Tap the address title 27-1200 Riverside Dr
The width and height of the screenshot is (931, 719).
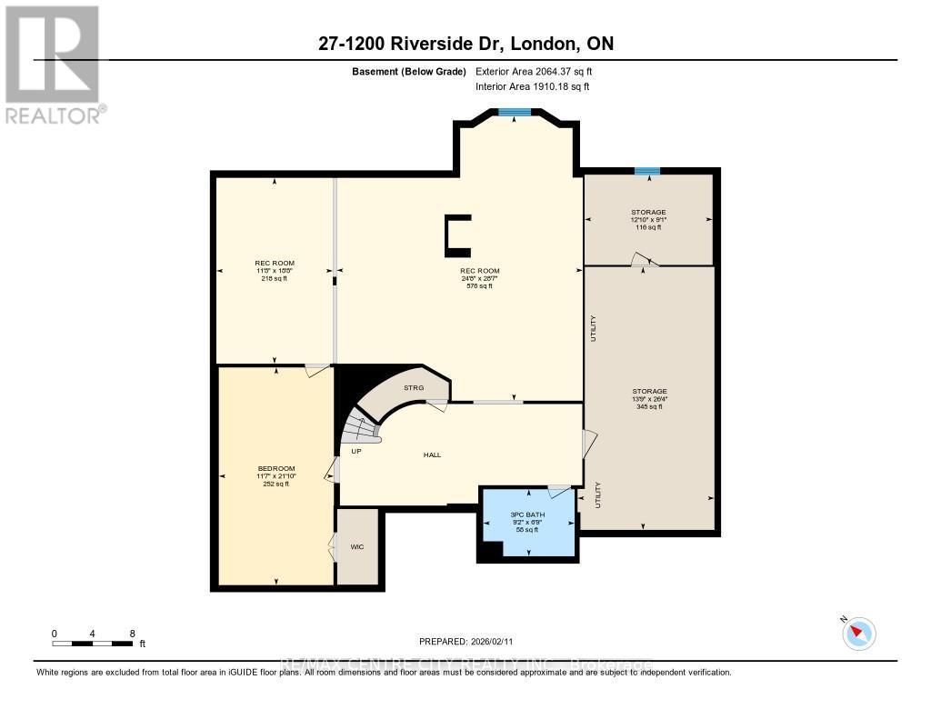pyautogui.click(x=465, y=44)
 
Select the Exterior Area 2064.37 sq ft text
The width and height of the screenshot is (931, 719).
pyautogui.click(x=534, y=71)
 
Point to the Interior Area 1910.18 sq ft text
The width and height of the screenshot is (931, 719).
pyautogui.click(x=532, y=86)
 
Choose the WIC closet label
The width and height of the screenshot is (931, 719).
pyautogui.click(x=356, y=547)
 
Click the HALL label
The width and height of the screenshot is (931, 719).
pyautogui.click(x=432, y=454)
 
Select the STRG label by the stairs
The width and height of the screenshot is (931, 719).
pyautogui.click(x=415, y=388)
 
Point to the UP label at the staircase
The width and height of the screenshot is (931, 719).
pyautogui.click(x=356, y=450)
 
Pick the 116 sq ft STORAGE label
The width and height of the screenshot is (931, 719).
pyautogui.click(x=648, y=219)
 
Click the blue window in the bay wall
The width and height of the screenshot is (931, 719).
pyautogui.click(x=515, y=113)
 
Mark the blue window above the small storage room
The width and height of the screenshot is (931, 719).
pyautogui.click(x=647, y=171)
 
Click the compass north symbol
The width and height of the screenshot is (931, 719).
pyautogui.click(x=858, y=633)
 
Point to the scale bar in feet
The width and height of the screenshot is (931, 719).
pyautogui.click(x=95, y=644)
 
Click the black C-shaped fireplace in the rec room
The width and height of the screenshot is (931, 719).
pyautogui.click(x=456, y=233)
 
